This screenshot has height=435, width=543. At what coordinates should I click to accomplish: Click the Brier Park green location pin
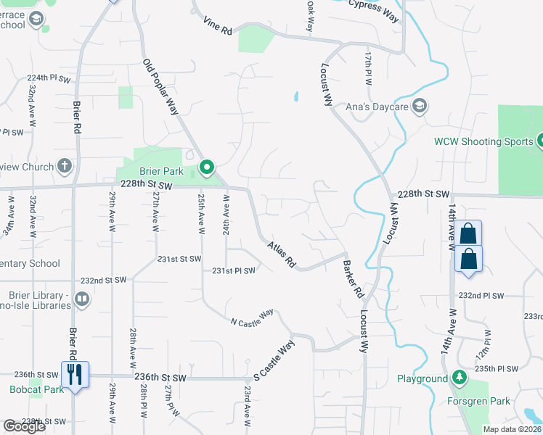(206, 168)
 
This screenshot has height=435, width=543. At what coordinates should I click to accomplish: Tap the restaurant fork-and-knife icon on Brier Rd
(74, 374)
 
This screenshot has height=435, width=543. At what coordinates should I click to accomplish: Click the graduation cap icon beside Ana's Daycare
(419, 107)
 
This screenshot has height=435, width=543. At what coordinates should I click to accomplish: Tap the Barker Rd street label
(353, 280)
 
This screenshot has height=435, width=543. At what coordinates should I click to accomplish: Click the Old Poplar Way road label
(160, 87)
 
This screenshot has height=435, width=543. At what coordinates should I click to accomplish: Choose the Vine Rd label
(217, 27)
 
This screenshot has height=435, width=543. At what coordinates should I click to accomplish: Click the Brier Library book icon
(82, 299)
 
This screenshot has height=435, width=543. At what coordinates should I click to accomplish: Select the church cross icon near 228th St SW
(65, 167)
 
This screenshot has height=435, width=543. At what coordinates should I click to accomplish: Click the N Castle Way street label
(252, 317)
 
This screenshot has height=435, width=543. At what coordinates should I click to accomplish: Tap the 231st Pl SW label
(233, 271)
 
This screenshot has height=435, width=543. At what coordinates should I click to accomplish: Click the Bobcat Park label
(28, 390)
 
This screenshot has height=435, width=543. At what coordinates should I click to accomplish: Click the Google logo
(24, 426)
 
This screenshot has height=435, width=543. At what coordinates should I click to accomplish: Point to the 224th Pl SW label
(49, 78)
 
